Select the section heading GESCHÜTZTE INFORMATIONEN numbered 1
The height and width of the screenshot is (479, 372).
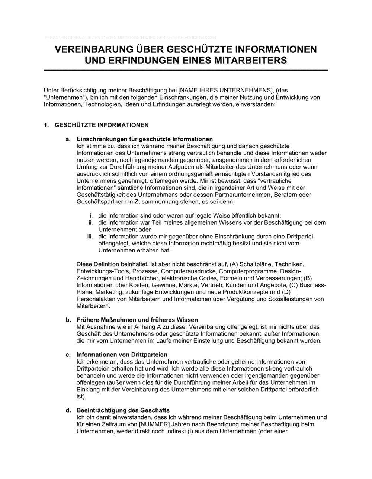[x=102, y=125]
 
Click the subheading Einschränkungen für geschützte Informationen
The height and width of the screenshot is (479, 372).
[x=145, y=139]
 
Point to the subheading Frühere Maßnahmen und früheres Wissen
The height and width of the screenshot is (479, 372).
[x=137, y=320]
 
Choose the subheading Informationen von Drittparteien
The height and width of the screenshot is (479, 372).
[x=122, y=355]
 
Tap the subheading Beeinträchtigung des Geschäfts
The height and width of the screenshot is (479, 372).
[x=123, y=410]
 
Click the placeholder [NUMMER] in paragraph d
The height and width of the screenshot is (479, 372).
[x=154, y=424]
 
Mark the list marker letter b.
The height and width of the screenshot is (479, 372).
[x=68, y=320]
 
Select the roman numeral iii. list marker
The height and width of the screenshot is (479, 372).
[x=90, y=237]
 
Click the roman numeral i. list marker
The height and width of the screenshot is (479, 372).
[x=91, y=216]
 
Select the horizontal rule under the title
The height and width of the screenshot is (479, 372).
[x=186, y=70]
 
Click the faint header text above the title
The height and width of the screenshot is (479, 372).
[x=130, y=38]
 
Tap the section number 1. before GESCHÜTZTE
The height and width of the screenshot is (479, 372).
[x=46, y=125]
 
